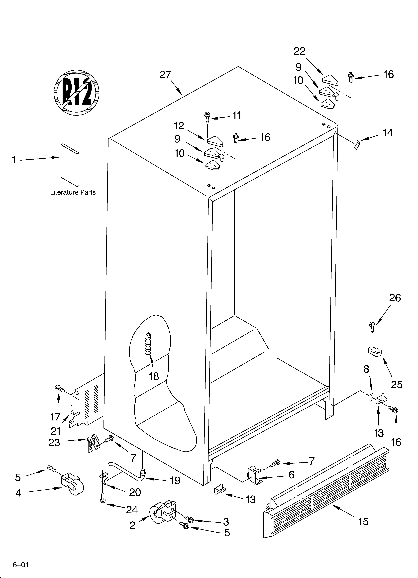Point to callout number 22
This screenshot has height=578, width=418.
point(299,51)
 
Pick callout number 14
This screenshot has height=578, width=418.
point(387,133)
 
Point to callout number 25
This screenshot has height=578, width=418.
point(397,384)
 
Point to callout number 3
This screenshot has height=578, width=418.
point(226,522)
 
